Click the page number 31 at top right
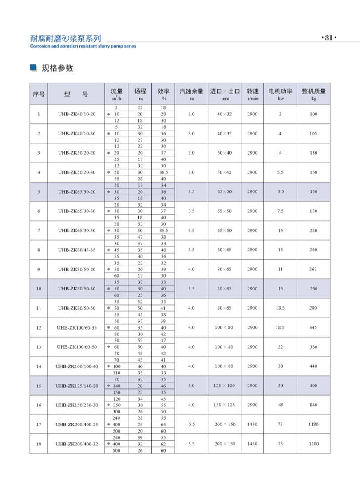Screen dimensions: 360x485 point(328,38)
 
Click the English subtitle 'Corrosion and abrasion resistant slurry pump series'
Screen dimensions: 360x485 point(83,46)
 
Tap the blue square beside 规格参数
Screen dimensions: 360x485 point(32,68)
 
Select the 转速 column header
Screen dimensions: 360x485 point(252,94)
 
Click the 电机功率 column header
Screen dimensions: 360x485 point(280,94)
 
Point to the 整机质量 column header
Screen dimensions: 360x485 point(313,94)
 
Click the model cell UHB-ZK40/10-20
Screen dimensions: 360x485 point(76,114)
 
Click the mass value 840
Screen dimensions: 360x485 point(313,405)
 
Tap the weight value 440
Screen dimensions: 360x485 point(313,366)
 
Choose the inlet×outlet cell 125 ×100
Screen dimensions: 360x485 point(224,386)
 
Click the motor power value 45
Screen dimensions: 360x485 point(280,405)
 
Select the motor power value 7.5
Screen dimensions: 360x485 point(280,211)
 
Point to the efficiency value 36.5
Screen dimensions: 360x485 point(163,172)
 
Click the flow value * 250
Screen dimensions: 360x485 point(116,405)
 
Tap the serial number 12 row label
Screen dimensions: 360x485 point(39,327)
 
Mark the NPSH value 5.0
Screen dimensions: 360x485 point(191,386)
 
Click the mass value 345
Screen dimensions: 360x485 point(313,327)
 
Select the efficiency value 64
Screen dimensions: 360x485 point(163,424)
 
